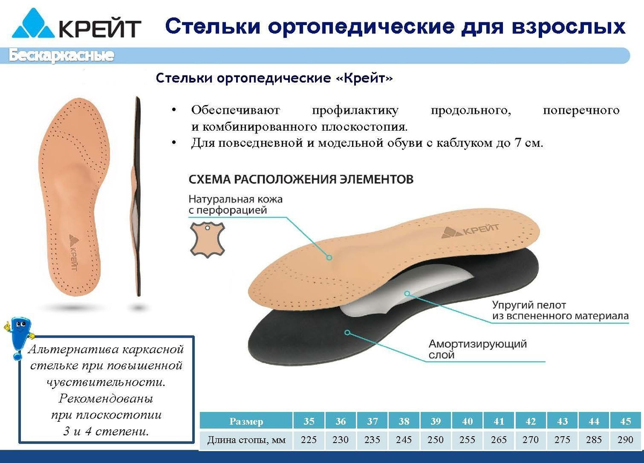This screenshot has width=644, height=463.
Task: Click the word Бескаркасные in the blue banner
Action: [61, 56]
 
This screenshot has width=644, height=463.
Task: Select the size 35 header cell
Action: [309, 421]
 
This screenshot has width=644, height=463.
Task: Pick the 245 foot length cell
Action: [404, 440]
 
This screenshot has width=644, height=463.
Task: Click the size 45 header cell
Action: [626, 421]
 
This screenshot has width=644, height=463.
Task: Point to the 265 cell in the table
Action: [499, 440]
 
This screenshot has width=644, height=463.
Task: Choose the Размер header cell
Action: [246, 421]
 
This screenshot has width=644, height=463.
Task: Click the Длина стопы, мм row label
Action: [246, 440]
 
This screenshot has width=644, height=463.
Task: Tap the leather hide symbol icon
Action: [207, 240]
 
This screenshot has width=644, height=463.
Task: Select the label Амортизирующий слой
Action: [478, 349]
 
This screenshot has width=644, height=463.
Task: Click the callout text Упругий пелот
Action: [529, 305]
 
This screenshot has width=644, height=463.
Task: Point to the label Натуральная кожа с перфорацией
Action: [236, 204]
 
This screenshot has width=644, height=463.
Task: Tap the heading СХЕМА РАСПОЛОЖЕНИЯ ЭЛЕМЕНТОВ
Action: [301, 180]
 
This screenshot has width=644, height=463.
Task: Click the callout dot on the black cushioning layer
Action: [348, 333]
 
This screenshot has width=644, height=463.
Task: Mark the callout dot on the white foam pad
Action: [407, 293]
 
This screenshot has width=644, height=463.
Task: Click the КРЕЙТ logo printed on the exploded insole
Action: [470, 231]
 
